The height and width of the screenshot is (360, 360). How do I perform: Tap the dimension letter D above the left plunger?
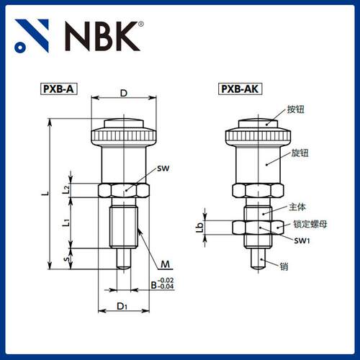[124, 93]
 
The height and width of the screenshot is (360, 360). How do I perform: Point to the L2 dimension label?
[66, 190]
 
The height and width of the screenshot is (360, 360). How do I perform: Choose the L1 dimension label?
[66, 223]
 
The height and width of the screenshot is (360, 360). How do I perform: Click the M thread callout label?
[166, 263]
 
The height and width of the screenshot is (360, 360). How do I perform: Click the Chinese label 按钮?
[296, 110]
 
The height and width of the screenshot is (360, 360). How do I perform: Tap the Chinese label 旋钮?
[296, 153]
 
